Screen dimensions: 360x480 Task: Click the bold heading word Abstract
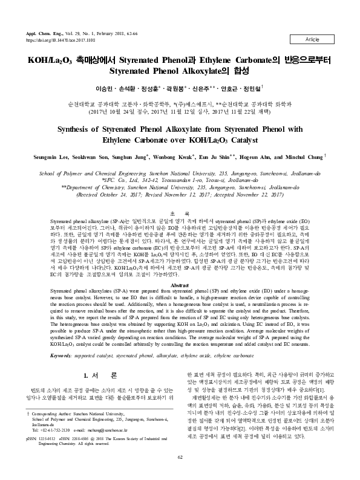point(180,285)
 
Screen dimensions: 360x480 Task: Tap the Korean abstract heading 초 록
point(180,213)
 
